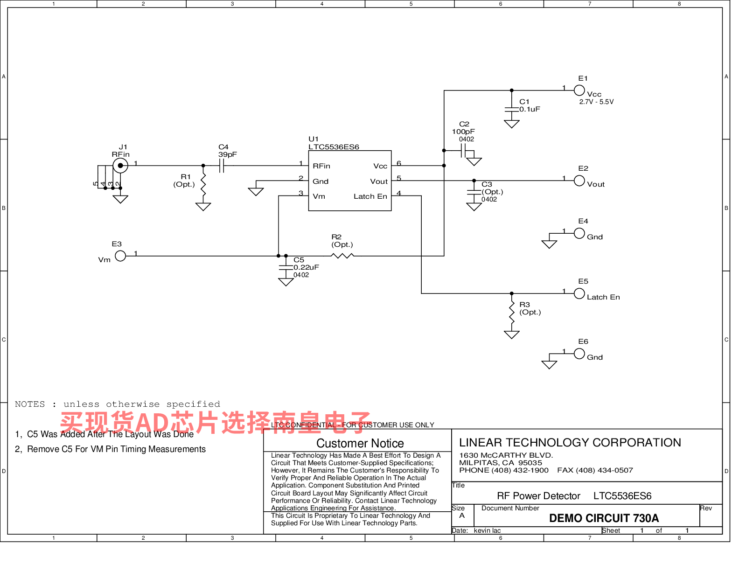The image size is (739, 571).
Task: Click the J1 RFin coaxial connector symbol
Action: (120, 166)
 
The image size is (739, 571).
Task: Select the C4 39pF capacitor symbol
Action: (222, 166)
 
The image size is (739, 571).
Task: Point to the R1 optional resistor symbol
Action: (203, 184)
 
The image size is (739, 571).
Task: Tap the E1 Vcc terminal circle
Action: (579, 91)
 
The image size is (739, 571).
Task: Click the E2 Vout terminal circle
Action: (579, 181)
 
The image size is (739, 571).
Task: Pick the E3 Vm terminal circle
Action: (120, 256)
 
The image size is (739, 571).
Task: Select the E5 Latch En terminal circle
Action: (579, 293)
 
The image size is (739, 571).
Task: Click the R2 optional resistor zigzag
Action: (342, 255)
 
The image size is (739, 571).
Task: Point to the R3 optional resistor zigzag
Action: (511, 312)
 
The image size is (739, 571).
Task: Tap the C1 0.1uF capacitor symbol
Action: (511, 109)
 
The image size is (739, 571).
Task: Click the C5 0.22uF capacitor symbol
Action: (286, 267)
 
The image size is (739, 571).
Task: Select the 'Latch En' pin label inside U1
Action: (370, 196)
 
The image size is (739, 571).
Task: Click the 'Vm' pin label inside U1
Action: (319, 196)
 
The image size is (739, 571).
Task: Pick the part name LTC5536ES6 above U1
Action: (334, 147)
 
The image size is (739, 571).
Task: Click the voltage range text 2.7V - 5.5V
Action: (596, 102)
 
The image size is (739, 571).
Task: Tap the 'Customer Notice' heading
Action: (360, 443)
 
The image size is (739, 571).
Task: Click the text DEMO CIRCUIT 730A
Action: (604, 518)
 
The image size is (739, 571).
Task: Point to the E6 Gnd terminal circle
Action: (579, 353)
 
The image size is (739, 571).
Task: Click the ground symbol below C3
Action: (474, 207)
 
